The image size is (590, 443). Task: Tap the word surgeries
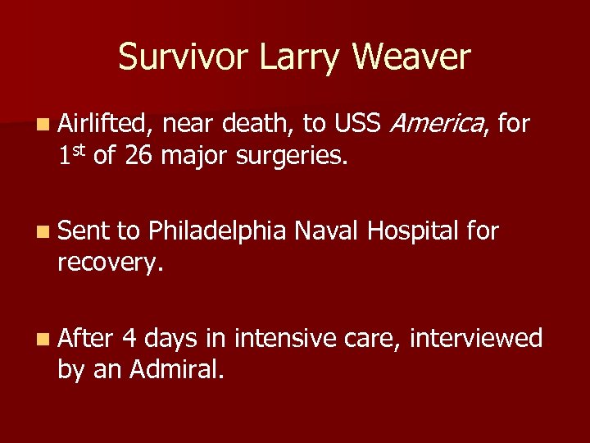tap(290, 155)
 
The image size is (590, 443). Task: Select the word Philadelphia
tap(216, 232)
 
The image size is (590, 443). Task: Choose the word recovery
tap(110, 263)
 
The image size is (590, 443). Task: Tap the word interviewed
tap(476, 338)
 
